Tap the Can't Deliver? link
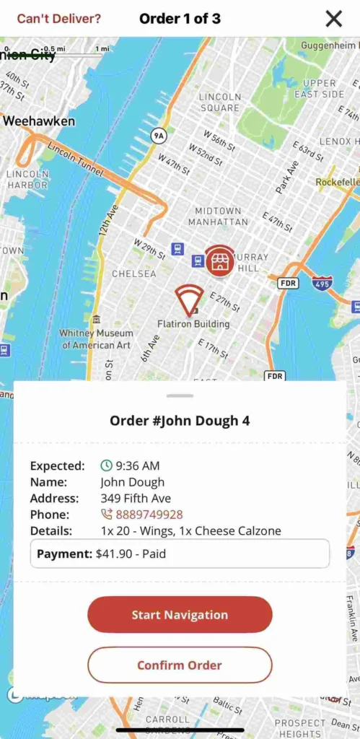click(x=59, y=19)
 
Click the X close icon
click(x=333, y=19)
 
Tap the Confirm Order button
click(x=180, y=665)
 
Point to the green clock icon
click(x=106, y=466)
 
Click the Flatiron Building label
click(x=193, y=324)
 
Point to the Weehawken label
click(x=39, y=121)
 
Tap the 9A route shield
click(x=158, y=136)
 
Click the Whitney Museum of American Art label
click(x=96, y=339)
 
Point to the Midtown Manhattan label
click(x=219, y=217)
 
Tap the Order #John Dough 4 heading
click(x=180, y=420)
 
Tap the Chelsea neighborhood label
click(x=133, y=274)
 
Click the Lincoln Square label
click(x=220, y=102)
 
